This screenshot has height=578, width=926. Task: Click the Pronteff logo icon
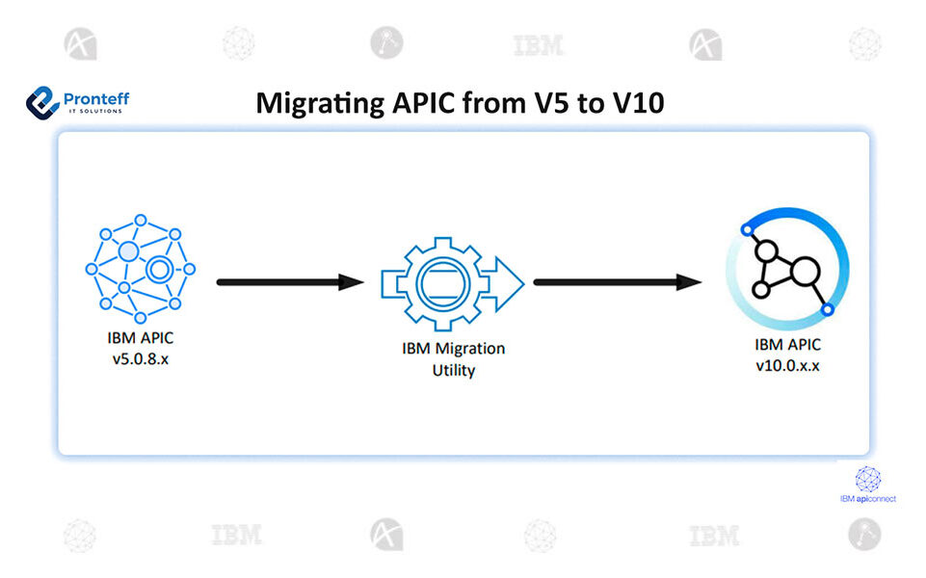(x=43, y=101)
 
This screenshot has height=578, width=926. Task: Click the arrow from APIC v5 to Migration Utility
(x=289, y=282)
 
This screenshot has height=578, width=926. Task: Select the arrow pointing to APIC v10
(x=617, y=282)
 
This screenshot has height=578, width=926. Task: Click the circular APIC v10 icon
(x=788, y=270)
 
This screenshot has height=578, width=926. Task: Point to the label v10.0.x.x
(x=787, y=366)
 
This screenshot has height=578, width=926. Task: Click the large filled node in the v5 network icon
(x=128, y=252)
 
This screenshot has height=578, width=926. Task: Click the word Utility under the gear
(x=453, y=370)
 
